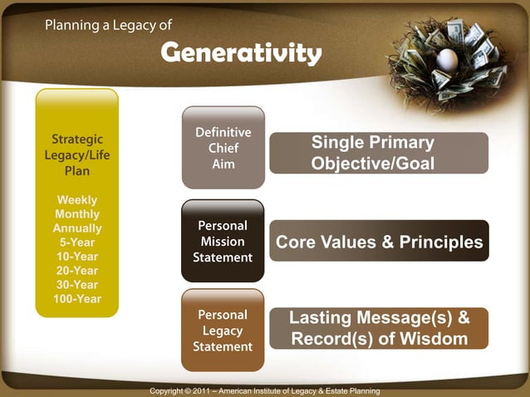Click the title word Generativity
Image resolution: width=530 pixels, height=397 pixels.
241,54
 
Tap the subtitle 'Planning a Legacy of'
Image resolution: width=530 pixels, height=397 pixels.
108,25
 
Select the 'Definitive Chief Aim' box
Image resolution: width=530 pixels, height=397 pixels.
223,148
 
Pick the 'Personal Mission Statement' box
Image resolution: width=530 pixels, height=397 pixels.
223,241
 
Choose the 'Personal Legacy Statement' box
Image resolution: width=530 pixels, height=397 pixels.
223,330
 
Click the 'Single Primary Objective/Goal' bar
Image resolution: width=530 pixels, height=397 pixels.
378,154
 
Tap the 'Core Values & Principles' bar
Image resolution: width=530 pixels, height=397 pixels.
378,242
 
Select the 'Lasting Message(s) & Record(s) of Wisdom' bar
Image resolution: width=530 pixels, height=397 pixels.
378,328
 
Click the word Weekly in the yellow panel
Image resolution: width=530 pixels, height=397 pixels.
76,200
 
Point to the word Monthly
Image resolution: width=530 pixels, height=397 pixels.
76,214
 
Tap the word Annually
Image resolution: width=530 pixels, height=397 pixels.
76,228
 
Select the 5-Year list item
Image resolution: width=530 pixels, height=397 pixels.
76,243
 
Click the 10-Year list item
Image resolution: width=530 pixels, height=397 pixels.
76,257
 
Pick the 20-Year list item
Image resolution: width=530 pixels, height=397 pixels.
76,271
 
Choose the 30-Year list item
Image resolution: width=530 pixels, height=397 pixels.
76,285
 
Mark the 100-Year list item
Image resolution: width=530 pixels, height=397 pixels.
76,299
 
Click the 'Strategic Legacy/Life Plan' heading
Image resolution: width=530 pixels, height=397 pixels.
76,155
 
